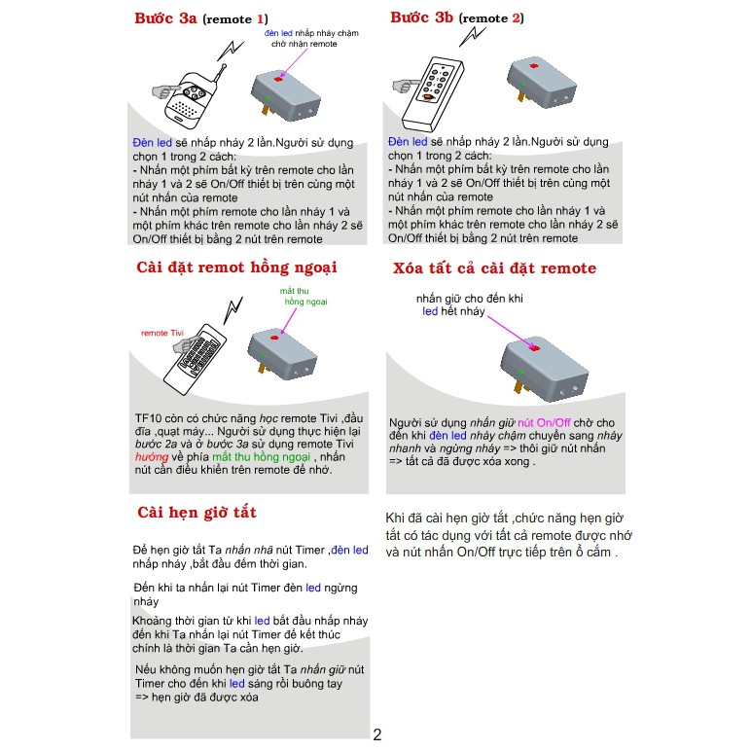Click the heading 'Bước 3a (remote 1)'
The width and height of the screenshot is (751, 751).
(201, 18)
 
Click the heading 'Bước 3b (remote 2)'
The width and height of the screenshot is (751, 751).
(457, 18)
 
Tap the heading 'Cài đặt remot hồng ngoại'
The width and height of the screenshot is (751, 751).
(236, 268)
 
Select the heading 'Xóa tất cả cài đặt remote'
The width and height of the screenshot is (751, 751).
(494, 268)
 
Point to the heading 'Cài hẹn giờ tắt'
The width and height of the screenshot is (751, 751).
(197, 513)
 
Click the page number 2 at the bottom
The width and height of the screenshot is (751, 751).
(377, 734)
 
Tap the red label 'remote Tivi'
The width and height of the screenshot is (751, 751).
(162, 333)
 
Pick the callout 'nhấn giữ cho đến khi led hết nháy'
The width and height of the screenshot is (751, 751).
(469, 304)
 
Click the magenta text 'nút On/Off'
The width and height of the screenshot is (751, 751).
(544, 422)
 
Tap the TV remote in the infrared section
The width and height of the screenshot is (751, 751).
(195, 359)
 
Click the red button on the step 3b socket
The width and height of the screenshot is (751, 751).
(534, 65)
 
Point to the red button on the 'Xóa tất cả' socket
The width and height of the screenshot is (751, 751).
(534, 347)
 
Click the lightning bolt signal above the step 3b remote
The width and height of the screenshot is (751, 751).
(472, 36)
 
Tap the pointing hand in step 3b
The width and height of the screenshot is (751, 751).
(407, 87)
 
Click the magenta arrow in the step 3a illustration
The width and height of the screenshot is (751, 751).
(294, 62)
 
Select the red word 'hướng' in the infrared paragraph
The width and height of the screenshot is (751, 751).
(152, 457)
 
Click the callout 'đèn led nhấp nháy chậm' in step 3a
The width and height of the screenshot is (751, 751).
(311, 33)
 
